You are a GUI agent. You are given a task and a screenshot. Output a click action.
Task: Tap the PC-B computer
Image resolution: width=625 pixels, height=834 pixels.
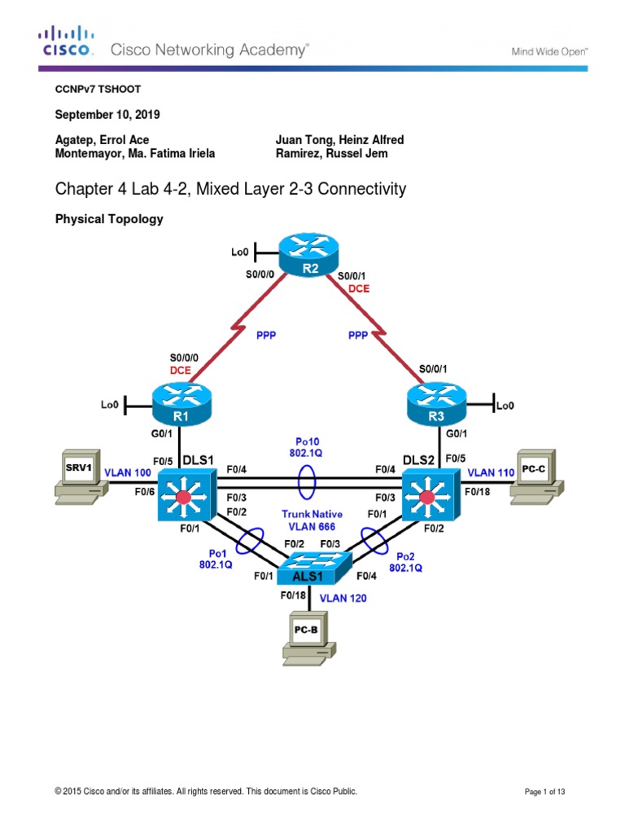[308, 637]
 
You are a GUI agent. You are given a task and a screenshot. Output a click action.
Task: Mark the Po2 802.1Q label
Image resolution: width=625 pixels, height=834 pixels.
[405, 562]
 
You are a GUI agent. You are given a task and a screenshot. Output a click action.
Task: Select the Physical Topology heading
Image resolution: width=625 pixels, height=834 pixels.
[108, 219]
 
